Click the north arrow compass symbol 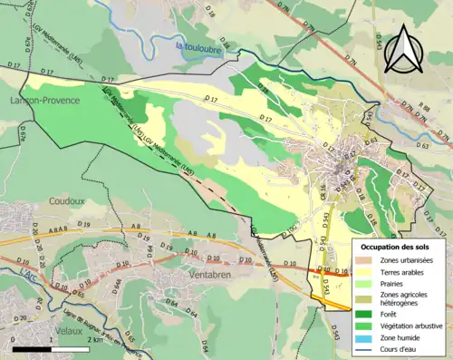point(403,50)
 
